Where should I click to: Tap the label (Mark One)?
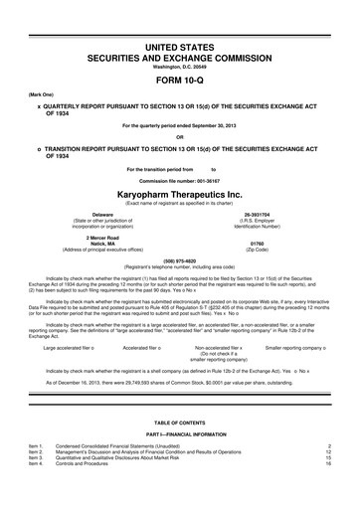click(x=30, y=97)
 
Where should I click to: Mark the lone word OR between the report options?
click(x=179, y=137)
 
